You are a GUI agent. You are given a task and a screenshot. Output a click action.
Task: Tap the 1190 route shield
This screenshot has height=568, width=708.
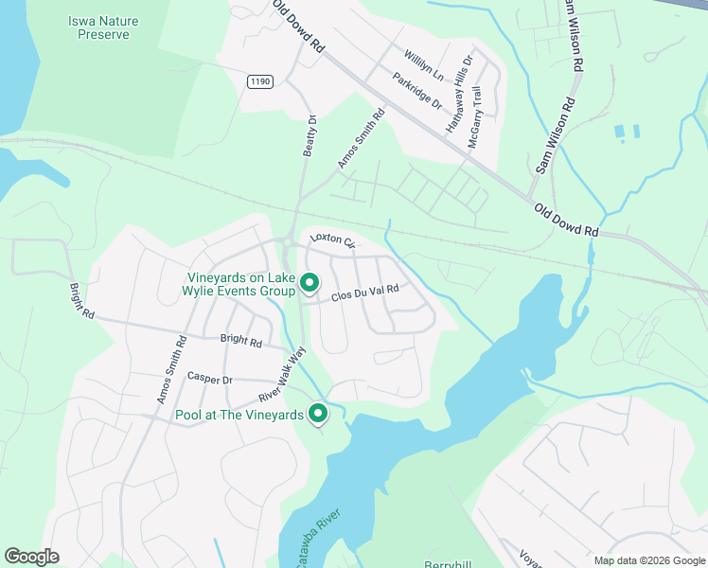260,82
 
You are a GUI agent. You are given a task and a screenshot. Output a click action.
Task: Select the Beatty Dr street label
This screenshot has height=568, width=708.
310,136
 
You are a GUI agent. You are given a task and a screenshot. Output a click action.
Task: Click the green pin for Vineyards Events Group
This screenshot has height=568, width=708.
309,282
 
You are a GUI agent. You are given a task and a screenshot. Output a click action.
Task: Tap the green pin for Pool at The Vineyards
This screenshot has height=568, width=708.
319,412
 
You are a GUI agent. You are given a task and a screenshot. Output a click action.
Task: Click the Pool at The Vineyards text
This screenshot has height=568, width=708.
239,415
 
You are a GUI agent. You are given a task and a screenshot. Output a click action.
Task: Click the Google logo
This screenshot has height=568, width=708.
32,556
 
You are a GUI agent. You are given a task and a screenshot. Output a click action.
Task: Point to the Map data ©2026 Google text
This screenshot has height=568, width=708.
648,560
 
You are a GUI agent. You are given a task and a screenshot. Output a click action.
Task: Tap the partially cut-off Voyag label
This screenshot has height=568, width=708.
529,556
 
